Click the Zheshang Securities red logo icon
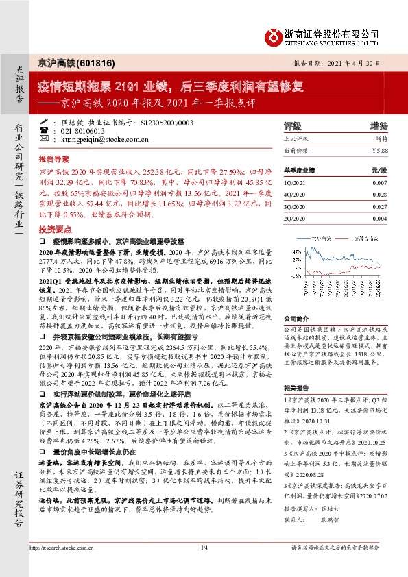(x=275, y=35)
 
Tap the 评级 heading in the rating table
(x=292, y=126)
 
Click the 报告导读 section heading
(x=54, y=157)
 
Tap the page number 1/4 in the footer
(x=204, y=567)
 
